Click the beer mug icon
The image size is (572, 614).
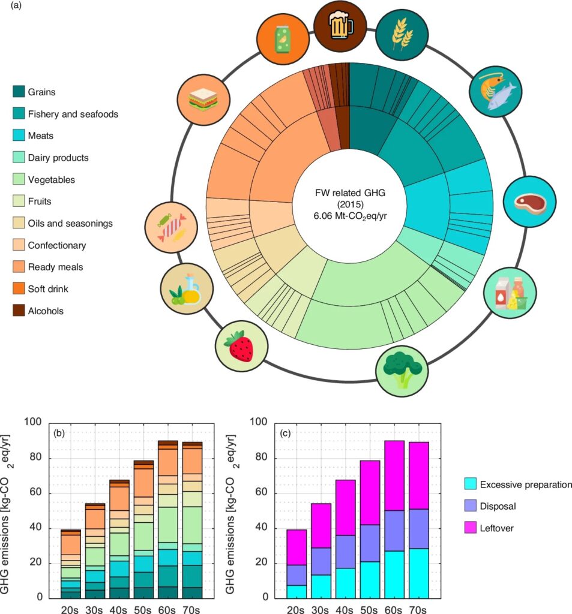tap(341, 25)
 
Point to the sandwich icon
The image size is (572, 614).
tap(203, 100)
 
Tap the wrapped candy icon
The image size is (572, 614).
tap(172, 222)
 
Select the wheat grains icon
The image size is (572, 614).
tap(402, 36)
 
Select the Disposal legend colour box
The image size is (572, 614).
tap(470, 506)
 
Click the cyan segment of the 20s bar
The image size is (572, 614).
tap(297, 591)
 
